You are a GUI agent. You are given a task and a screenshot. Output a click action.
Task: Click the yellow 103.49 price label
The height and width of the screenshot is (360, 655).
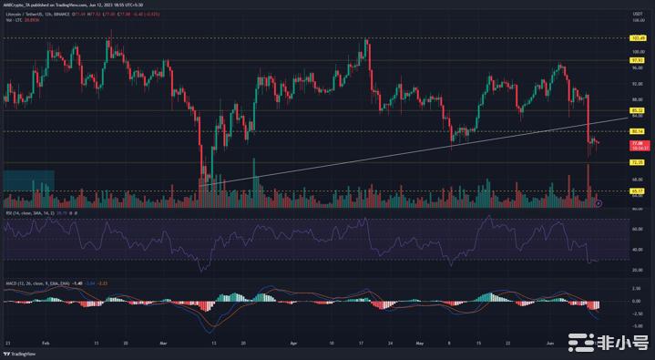pos(638,38)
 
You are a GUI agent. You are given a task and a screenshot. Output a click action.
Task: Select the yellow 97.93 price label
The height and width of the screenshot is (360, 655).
pos(638,60)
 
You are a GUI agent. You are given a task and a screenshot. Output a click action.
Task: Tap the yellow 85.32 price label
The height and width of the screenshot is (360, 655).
pos(638,110)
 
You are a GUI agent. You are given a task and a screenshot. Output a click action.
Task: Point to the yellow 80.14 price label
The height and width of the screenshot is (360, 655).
pos(638,131)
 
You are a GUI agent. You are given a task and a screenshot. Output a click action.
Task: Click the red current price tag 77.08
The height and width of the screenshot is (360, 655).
pos(638,143)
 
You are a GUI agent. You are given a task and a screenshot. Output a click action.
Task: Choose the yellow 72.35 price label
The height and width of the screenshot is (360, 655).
pos(638,163)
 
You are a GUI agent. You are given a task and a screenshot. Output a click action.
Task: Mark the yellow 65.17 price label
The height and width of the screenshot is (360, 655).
pos(638,191)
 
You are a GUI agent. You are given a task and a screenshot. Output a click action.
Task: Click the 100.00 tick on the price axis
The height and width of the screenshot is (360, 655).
pos(638,52)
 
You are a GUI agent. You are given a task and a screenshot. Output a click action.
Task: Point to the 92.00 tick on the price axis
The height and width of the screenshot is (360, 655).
pos(638,84)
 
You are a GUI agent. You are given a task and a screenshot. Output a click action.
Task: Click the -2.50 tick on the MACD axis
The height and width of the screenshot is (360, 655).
pos(638,315)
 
